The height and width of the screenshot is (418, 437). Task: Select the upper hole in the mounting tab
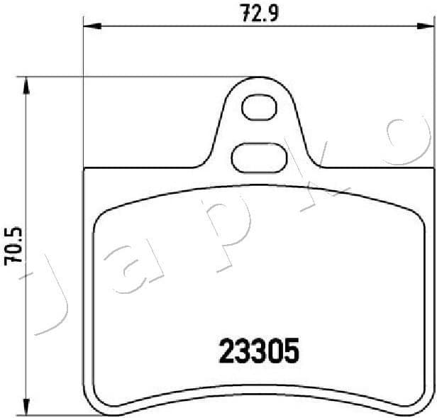click(x=257, y=109)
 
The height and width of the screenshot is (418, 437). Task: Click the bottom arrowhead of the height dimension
click(x=27, y=407)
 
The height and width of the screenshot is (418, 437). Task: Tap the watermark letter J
click(x=50, y=298)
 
